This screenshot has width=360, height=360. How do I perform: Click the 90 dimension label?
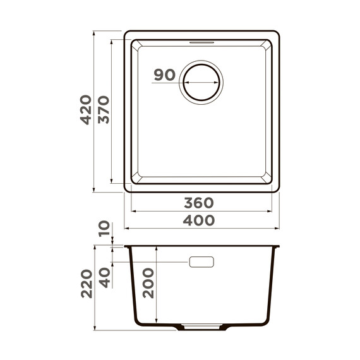[x=164, y=75]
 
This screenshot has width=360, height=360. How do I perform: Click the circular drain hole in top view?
[x=202, y=83]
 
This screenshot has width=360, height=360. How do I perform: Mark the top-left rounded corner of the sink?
[x=127, y=33]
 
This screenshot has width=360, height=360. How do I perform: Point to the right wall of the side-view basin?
[x=272, y=284]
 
